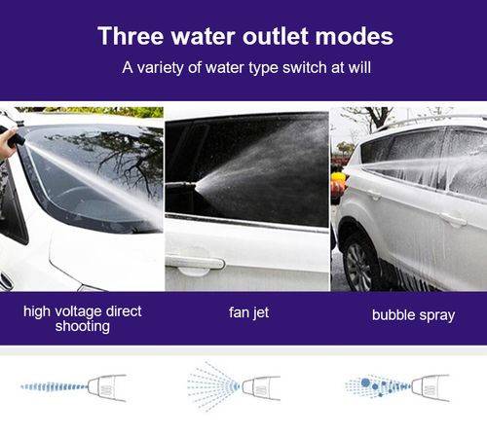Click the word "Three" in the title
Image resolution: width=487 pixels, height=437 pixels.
click(x=131, y=37)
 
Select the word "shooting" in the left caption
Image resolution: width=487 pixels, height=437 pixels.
click(x=83, y=327)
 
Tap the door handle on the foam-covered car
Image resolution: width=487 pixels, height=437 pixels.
click(x=452, y=219)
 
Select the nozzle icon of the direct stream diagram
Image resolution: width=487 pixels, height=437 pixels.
click(x=106, y=386)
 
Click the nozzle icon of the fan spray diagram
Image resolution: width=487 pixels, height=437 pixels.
click(x=260, y=386)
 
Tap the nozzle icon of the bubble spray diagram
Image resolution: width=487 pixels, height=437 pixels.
click(x=430, y=386)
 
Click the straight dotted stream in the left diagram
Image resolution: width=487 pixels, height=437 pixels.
click(x=54, y=386)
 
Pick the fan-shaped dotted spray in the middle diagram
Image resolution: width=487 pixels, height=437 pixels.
click(x=209, y=386)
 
